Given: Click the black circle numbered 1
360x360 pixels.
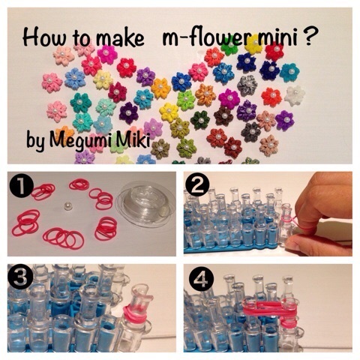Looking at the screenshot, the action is pos(22,185).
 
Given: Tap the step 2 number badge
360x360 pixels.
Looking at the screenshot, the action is pos(197,185).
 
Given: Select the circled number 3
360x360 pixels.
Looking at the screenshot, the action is pos(22,277).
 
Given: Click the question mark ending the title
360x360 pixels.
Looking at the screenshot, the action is pos(310,37).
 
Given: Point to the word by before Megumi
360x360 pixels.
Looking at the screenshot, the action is pos(36,142).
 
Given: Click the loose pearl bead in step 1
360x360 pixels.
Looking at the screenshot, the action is pos(67,206).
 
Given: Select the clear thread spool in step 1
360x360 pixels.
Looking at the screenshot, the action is pos(145,207).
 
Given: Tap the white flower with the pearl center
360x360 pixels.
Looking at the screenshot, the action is pos(295,95).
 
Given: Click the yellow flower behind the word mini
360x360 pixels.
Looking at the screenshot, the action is pos(254,44).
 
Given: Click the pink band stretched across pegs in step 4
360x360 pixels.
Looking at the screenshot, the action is pos(268,309).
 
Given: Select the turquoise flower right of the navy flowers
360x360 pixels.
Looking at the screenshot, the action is pos(289,72).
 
